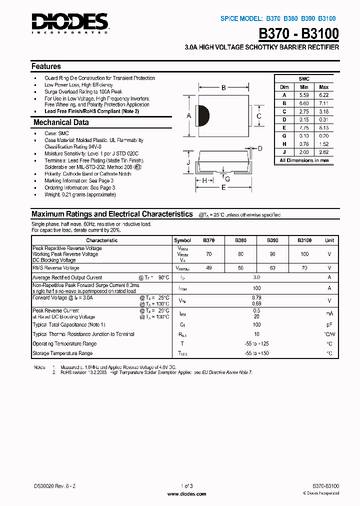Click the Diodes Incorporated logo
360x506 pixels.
(69, 22)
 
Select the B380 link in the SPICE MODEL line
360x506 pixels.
(290, 18)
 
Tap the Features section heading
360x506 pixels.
(46, 66)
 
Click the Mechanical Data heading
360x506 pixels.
(61, 122)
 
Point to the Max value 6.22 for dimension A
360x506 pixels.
(323, 95)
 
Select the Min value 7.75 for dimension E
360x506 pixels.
(304, 127)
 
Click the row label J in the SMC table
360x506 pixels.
(284, 152)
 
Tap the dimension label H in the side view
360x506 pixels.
(204, 180)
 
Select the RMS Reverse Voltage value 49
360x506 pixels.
(209, 268)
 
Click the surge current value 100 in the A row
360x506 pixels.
(257, 288)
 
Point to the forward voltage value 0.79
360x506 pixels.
(257, 297)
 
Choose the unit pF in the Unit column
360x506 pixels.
(329, 325)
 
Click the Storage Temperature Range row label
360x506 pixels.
(62, 353)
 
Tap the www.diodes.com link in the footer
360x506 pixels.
(186, 494)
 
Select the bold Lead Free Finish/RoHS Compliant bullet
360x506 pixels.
(91, 111)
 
